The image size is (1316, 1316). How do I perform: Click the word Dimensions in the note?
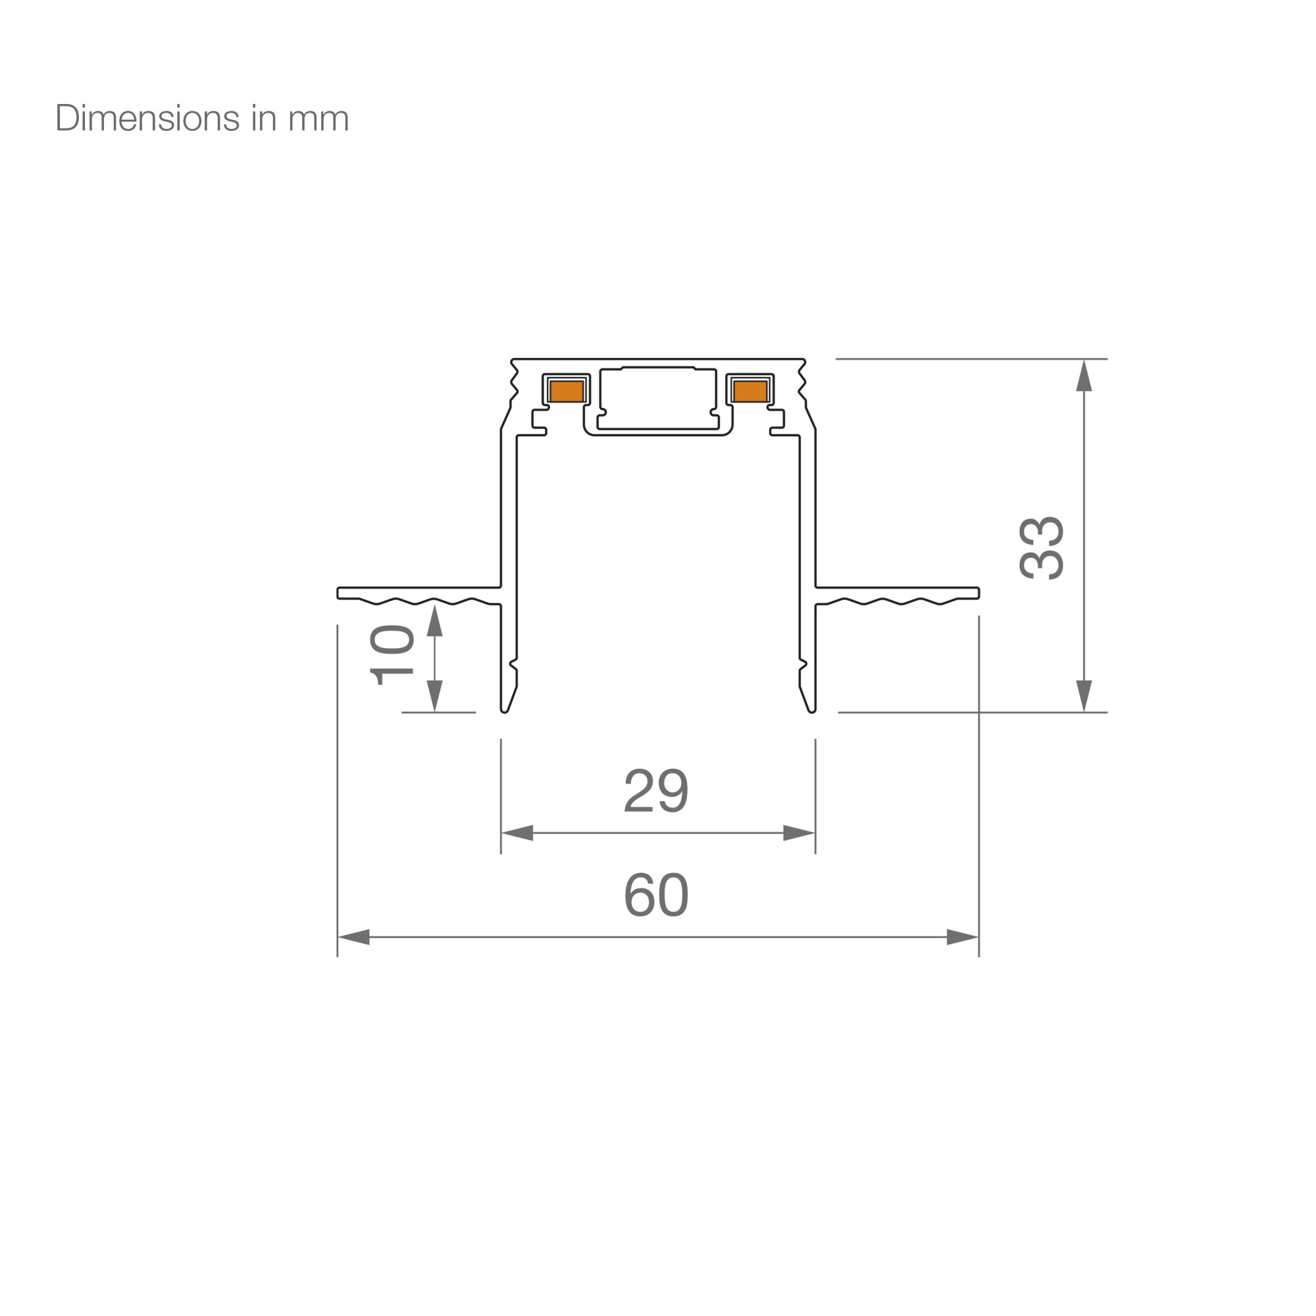coord(147,118)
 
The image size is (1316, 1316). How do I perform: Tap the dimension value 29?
coord(657,790)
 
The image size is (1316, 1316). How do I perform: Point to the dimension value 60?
coord(657,894)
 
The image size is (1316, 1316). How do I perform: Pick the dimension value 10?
coord(392,655)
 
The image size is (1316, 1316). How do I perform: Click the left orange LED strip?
coord(567,391)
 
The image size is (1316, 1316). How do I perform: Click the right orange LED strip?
coord(751,391)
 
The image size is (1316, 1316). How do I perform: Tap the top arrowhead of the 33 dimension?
coord(1084,375)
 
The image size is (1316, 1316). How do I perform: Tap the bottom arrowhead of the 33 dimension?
coord(1084,696)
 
